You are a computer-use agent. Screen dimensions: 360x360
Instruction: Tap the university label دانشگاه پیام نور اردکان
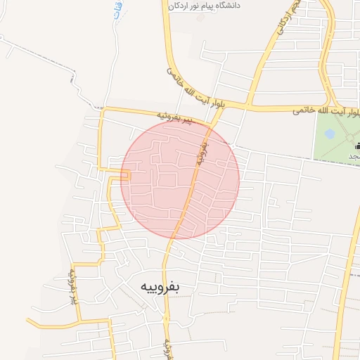pos(211,6)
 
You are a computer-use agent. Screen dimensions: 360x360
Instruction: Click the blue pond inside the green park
pos(330,133)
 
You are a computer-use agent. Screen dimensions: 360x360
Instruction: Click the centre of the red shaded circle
pos(180,180)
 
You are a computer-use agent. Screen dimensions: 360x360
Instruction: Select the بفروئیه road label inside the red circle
pos(203,152)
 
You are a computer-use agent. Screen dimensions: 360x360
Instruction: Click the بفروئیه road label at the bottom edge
pos(168,347)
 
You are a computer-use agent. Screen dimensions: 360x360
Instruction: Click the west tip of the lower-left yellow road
pos(28,321)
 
